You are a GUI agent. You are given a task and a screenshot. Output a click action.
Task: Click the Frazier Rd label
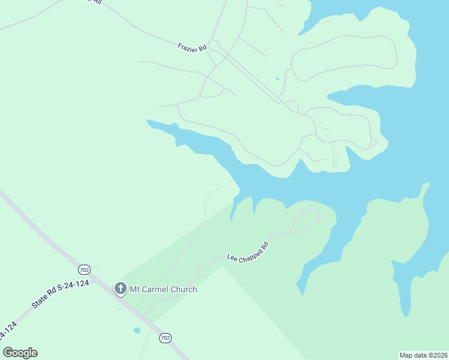click(x=192, y=46)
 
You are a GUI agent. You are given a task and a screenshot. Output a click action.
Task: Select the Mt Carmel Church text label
click(x=163, y=289)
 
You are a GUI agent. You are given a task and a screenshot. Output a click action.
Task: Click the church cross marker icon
click(x=120, y=289)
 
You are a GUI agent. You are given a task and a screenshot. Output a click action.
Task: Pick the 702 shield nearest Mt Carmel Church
click(x=84, y=270)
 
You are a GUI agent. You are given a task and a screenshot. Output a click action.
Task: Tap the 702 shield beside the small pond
click(x=165, y=338)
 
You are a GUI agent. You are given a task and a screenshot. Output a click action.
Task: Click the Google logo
click(x=20, y=353)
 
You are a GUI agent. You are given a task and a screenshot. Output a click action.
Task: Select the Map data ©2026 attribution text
click(x=423, y=355)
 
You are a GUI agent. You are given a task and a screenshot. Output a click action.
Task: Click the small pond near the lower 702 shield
click(x=137, y=331)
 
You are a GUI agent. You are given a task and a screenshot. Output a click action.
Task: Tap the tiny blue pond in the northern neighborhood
click(x=277, y=79)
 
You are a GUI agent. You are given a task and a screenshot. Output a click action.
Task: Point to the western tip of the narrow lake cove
click(x=148, y=122)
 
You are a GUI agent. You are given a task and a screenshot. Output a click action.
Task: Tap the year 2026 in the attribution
click(x=438, y=355)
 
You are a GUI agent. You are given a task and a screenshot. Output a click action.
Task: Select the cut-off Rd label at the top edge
click(x=94, y=2)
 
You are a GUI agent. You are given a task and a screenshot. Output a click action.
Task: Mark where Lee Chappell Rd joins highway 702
click(x=144, y=313)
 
